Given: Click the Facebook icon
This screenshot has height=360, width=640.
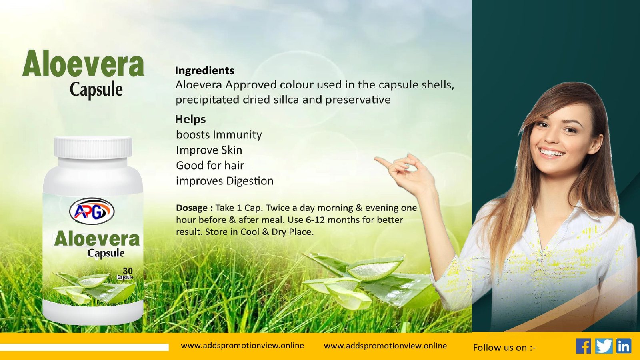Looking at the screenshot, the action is tap(583, 346).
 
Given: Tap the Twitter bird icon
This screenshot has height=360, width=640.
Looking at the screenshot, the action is tap(604, 346).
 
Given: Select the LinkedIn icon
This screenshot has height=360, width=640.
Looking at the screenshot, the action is tap(624, 346).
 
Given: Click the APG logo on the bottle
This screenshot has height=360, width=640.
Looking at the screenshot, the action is tap(92, 212).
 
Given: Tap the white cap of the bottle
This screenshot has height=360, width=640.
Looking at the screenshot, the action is tap(93, 147).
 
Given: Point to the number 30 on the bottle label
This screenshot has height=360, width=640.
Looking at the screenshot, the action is tap(128, 271).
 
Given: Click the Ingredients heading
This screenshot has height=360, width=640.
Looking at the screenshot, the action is tap(204, 70).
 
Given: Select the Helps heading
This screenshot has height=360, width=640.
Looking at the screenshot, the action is tap(190, 119).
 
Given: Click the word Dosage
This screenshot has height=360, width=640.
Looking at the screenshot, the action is tap(192, 208).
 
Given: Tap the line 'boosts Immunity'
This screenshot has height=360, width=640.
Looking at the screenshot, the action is tap(219, 134).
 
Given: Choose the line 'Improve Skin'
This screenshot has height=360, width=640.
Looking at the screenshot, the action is tap(209, 150).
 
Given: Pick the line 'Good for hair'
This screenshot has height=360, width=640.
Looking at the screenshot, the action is tap(210, 166).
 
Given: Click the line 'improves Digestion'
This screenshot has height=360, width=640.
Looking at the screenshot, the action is tap(224, 181).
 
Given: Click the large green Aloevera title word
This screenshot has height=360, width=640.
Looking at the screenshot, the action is tap(84, 64).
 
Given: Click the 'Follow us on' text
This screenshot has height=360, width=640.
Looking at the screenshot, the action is tap(504, 348).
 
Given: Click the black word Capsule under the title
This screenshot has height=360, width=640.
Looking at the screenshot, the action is tap(96, 90).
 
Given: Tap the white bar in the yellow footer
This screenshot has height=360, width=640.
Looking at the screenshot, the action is tap(84, 347).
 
